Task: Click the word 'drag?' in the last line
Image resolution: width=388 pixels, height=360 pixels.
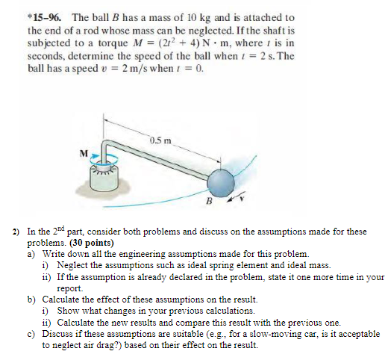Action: point(113,345)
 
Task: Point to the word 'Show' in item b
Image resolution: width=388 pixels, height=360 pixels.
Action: point(67,311)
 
